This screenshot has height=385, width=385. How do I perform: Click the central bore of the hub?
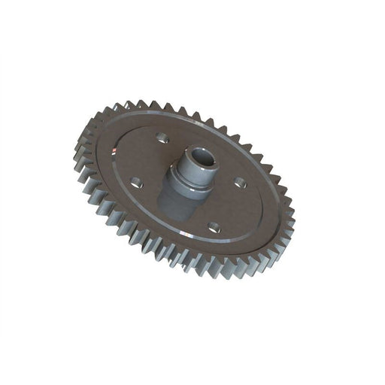202,159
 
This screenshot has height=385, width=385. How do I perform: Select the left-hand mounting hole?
136,182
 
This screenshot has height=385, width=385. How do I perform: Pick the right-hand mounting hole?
240,181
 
